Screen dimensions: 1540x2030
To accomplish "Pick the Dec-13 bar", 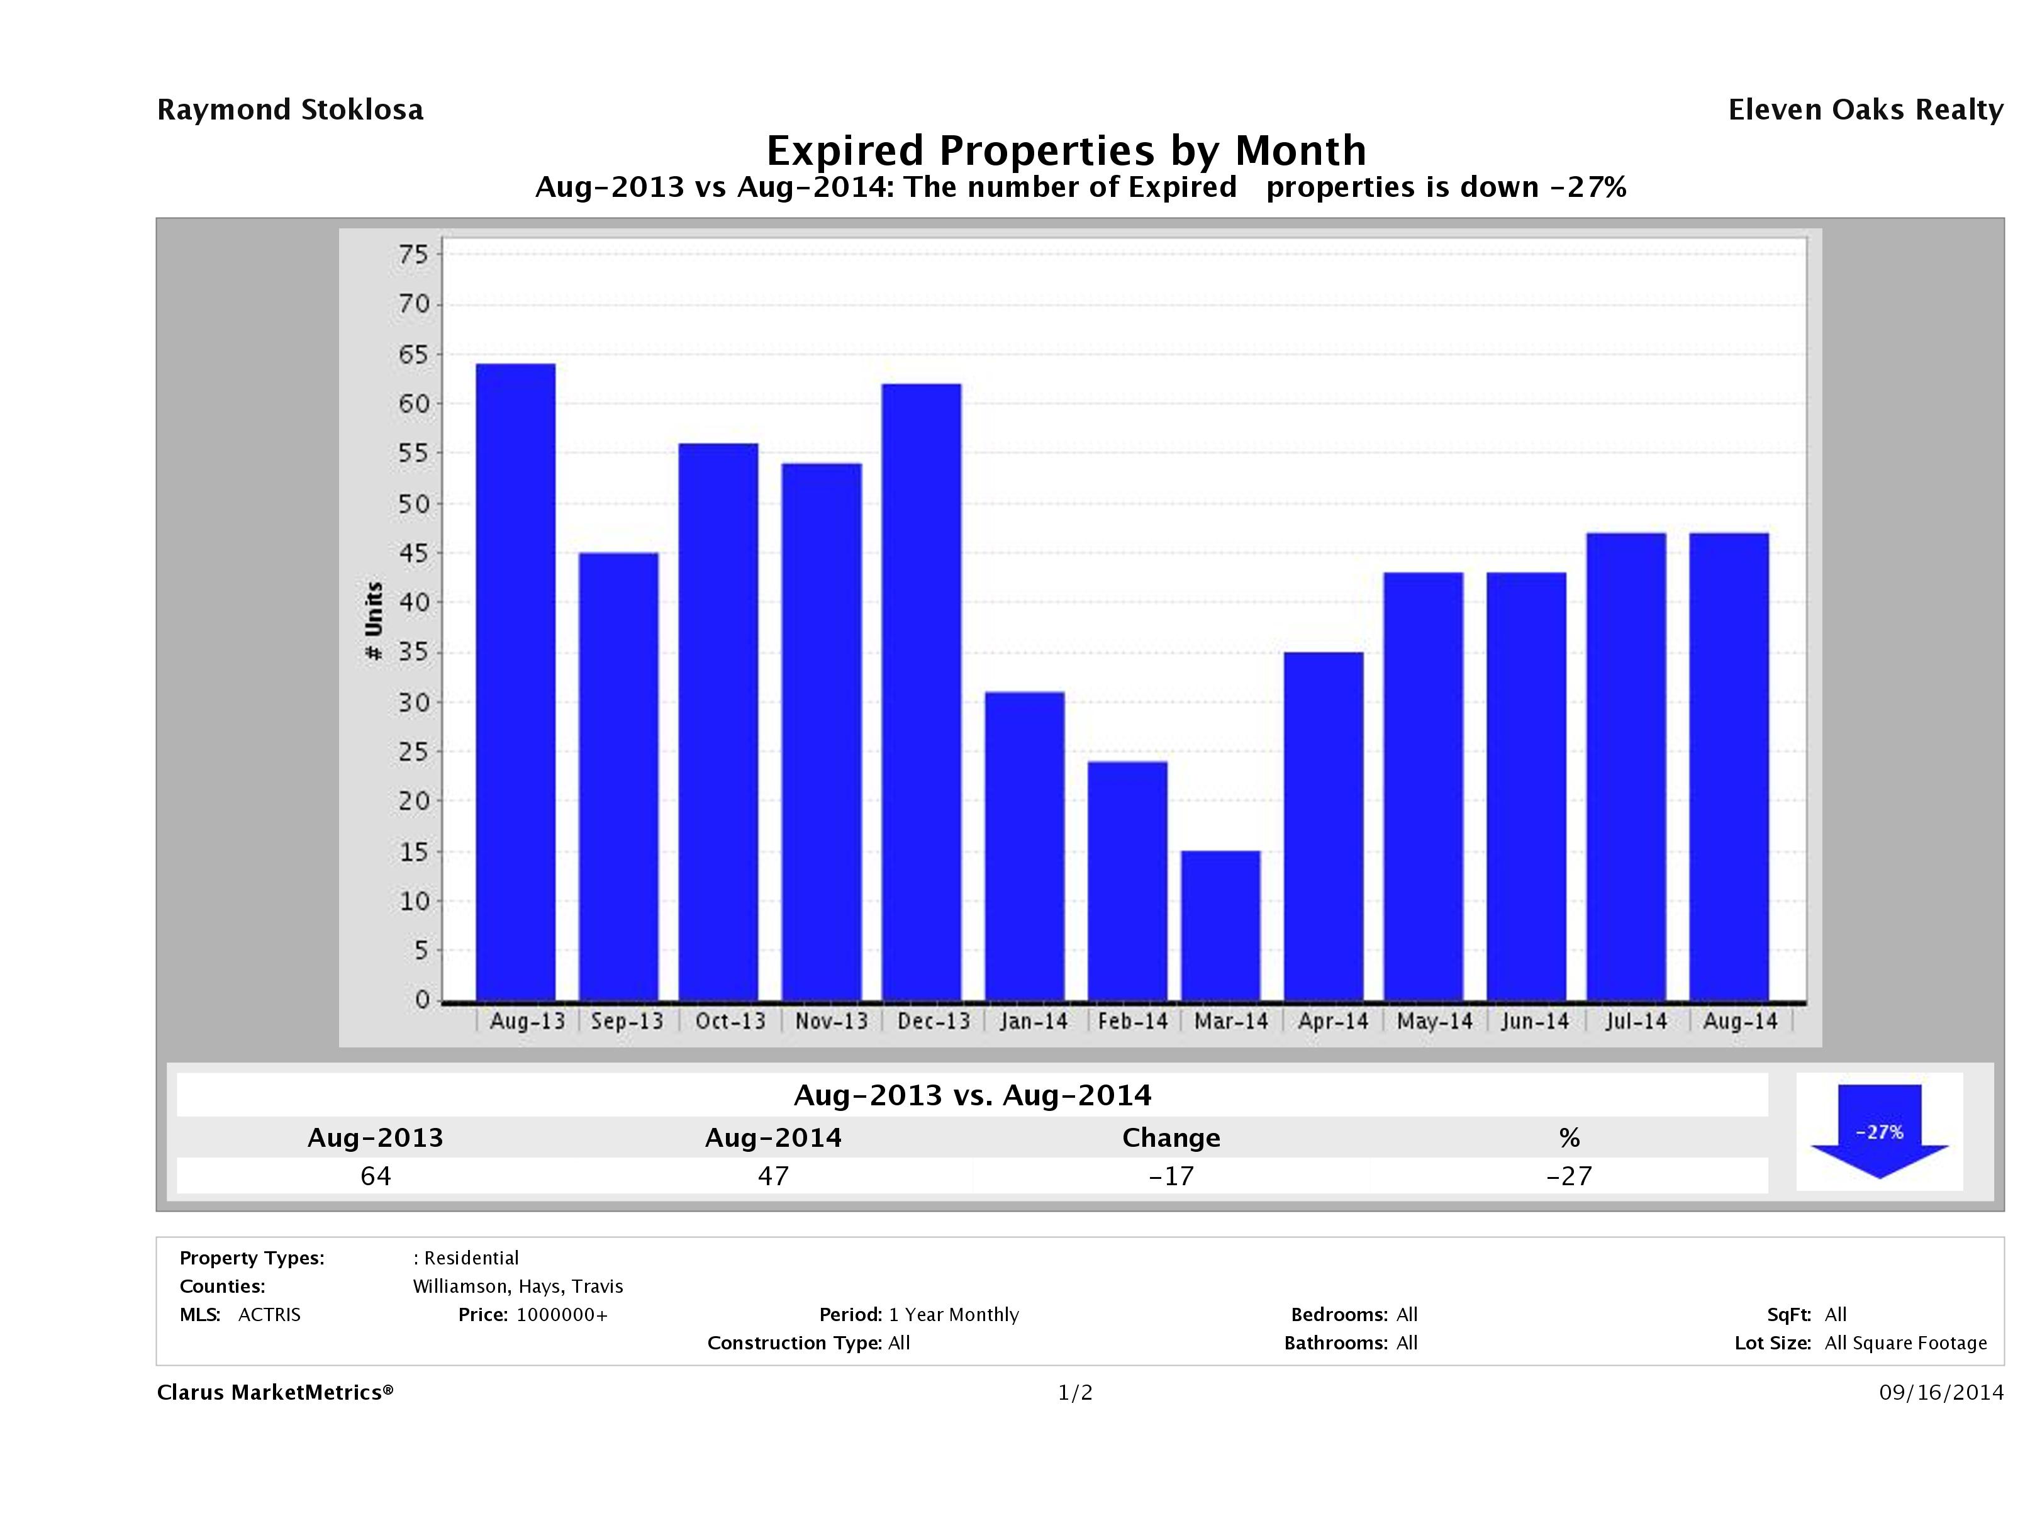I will tap(922, 692).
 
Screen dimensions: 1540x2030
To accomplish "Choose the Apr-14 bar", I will tap(1324, 826).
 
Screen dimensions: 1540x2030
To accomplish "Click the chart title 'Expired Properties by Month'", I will tap(1066, 150).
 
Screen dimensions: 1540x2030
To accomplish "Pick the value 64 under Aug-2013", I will tap(376, 1176).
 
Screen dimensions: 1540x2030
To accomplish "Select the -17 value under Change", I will tap(1171, 1176).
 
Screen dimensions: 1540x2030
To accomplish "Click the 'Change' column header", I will tap(1171, 1138).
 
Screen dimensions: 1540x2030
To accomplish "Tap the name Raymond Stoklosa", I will tap(290, 110).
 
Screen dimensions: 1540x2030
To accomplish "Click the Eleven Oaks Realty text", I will tap(1865, 110).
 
